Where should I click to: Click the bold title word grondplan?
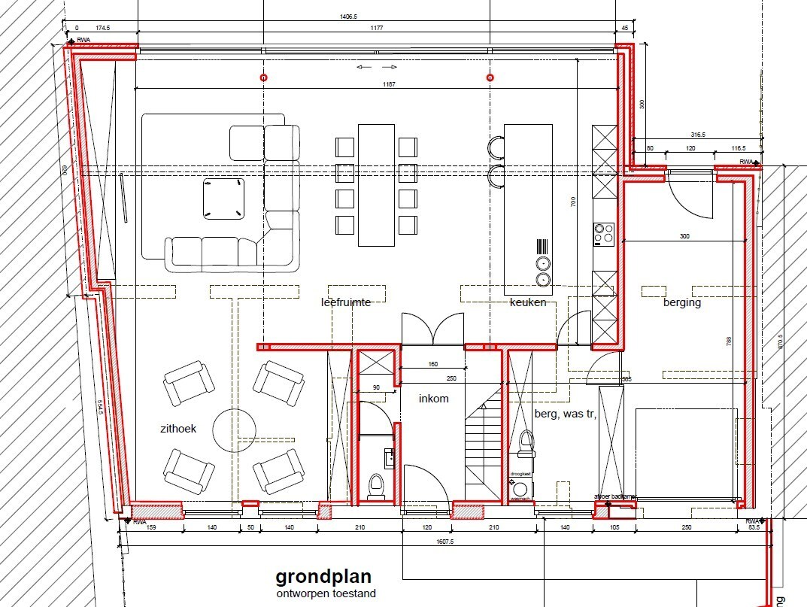pyautogui.click(x=323, y=577)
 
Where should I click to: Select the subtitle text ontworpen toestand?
pyautogui.click(x=325, y=593)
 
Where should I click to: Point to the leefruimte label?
pyautogui.click(x=346, y=302)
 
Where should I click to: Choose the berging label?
pyautogui.click(x=681, y=302)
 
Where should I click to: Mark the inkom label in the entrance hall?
pyautogui.click(x=434, y=399)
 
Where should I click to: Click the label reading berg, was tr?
pyautogui.click(x=565, y=413)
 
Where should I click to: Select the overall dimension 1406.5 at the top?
pyautogui.click(x=348, y=16)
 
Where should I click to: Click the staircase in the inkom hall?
pyautogui.click(x=482, y=451)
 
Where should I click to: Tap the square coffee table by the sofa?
pyautogui.click(x=223, y=198)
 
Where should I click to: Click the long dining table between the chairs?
pyautogui.click(x=376, y=184)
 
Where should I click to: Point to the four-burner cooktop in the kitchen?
pyautogui.click(x=604, y=234)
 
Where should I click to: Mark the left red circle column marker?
pyautogui.click(x=263, y=77)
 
